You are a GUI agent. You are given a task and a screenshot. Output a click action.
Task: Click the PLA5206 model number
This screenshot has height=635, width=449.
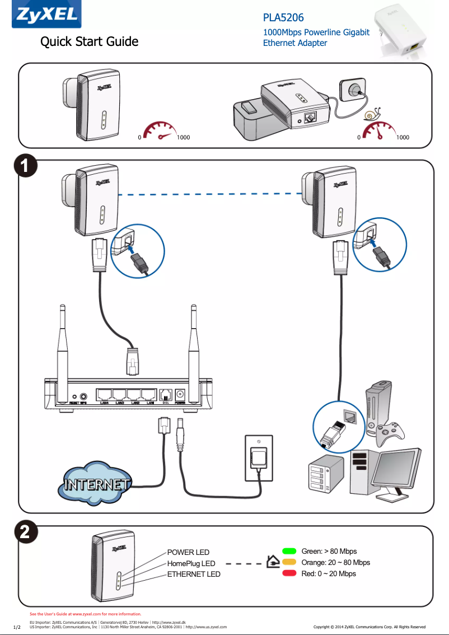(283, 18)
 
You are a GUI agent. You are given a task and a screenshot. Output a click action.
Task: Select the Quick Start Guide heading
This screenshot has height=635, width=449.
(89, 41)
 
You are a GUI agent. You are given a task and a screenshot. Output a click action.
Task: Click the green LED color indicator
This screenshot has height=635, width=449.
(289, 552)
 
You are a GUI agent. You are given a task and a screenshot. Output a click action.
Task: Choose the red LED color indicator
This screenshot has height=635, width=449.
(289, 573)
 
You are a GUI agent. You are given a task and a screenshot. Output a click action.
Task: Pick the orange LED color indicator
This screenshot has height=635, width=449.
(289, 562)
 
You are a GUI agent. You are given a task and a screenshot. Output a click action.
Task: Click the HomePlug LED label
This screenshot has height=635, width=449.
(191, 563)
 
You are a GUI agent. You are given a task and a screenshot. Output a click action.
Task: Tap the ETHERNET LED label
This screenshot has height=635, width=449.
(194, 574)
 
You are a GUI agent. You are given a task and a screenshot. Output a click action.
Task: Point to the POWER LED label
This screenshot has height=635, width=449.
(188, 553)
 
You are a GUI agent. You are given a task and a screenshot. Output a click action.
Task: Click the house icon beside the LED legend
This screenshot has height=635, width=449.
(273, 561)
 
